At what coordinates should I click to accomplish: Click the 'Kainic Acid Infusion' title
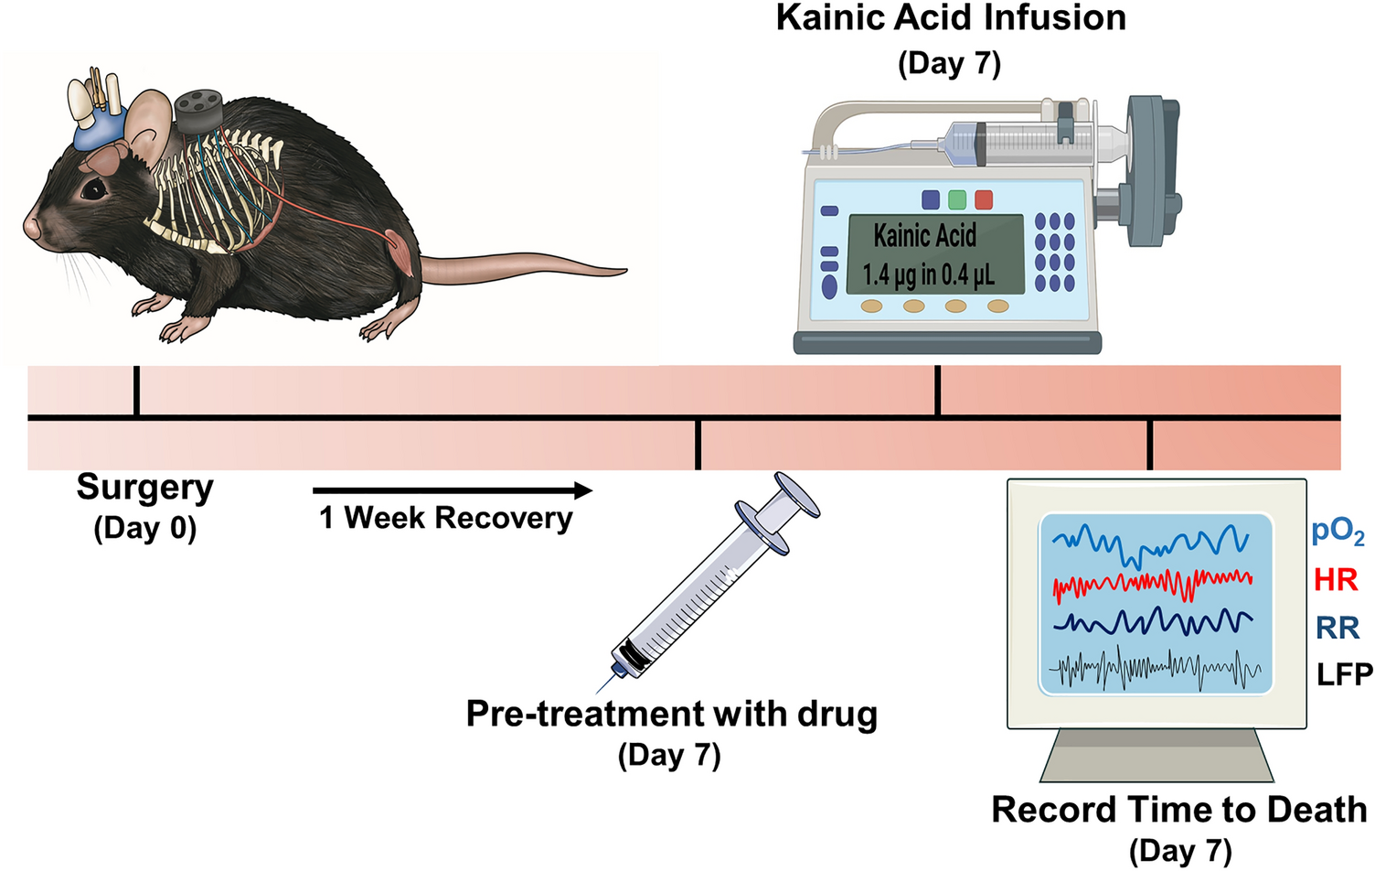[x=951, y=18]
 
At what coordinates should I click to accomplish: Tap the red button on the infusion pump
[x=984, y=199]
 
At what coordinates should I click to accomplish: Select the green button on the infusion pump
[x=957, y=199]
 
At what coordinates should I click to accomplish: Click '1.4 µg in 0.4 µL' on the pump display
[x=928, y=274]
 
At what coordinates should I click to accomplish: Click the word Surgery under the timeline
[x=144, y=488]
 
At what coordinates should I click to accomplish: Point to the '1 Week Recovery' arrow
[x=453, y=490]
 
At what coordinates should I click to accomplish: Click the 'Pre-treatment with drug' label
[x=671, y=714]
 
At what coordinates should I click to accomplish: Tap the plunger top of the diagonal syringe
[x=796, y=495]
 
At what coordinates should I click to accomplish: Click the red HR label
[x=1336, y=580]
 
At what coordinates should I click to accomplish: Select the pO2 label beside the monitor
[x=1338, y=532]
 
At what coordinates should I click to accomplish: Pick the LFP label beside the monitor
[x=1344, y=675]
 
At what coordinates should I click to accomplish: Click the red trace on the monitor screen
[x=1152, y=582]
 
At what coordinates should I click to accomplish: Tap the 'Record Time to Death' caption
[x=1178, y=811]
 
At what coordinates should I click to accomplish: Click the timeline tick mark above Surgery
[x=136, y=392]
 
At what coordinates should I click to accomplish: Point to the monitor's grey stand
[x=1156, y=756]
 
